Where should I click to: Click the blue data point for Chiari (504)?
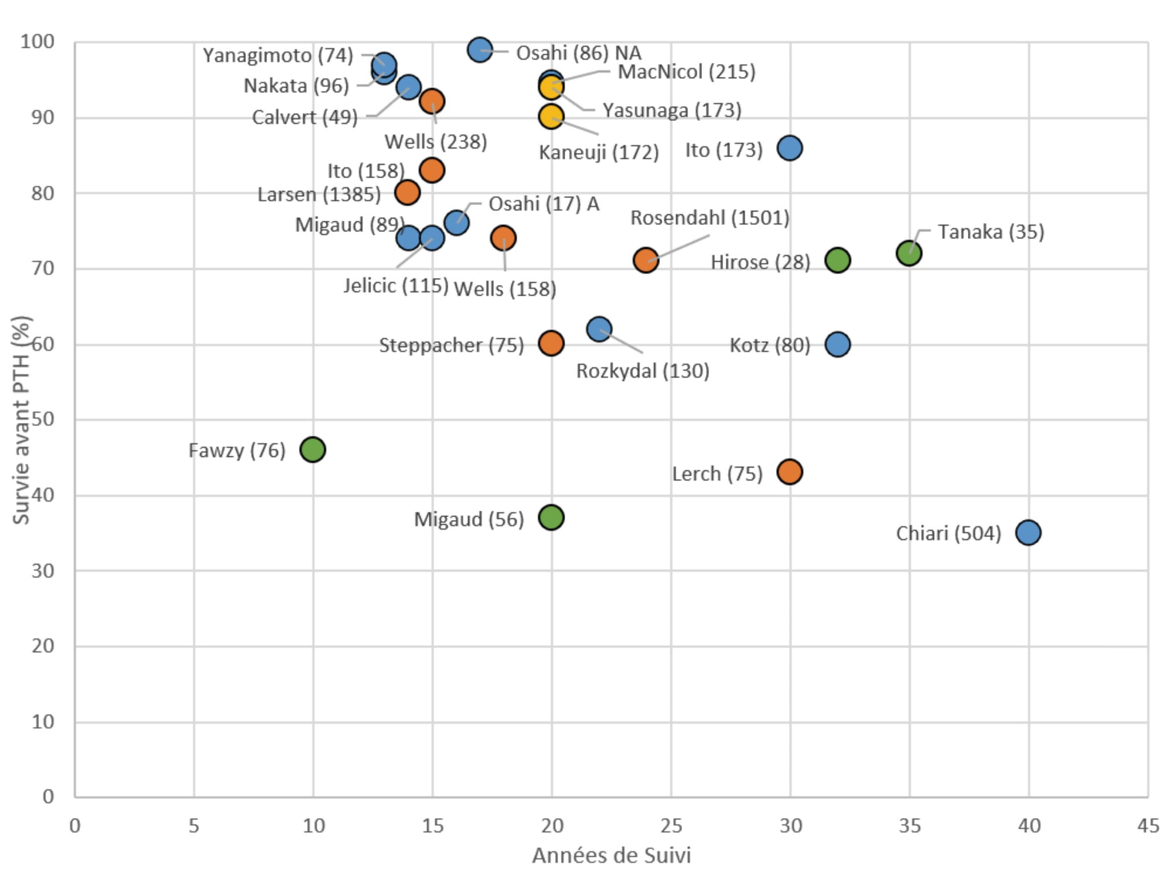(1028, 532)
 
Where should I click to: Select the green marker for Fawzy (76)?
(313, 449)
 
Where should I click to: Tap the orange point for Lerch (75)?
(790, 472)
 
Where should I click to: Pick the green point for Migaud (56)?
(551, 518)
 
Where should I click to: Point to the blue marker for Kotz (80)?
(837, 344)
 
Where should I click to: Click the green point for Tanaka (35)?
(909, 253)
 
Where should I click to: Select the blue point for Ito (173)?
(790, 148)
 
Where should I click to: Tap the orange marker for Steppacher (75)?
(551, 343)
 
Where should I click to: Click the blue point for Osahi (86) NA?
(480, 50)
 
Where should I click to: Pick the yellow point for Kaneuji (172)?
(550, 117)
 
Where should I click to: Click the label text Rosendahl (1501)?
(710, 218)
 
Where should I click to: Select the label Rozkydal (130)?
(643, 371)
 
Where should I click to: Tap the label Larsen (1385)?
(319, 194)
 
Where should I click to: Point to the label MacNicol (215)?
(686, 72)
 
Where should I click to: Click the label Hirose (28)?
(760, 262)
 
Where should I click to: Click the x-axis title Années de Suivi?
(611, 855)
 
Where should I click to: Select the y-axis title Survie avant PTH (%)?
(21, 420)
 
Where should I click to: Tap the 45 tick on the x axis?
(1148, 826)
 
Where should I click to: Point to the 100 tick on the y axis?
(37, 42)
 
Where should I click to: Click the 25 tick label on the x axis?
(671, 826)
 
